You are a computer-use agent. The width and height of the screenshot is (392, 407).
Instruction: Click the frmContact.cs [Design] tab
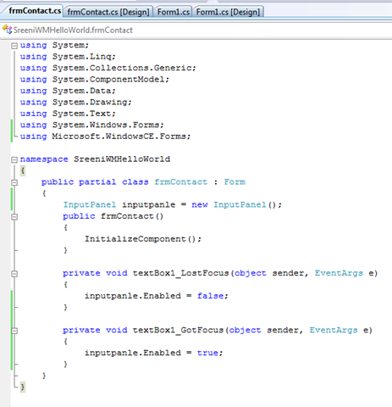pos(108,12)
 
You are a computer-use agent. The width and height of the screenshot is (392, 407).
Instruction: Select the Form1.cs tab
pos(174,12)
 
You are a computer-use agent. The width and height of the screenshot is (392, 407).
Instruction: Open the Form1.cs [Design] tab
pos(228,12)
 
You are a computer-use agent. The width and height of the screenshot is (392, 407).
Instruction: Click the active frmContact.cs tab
pos(35,11)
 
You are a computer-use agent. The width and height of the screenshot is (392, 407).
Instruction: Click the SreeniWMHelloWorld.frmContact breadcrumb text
pos(73,30)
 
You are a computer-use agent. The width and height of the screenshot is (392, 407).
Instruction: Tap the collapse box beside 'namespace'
pos(14,159)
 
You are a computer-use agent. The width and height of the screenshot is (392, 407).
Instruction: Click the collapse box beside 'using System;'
pos(14,46)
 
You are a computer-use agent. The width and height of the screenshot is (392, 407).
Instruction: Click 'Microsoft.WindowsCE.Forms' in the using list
pos(119,137)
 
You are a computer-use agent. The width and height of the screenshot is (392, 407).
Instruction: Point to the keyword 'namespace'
pos(44,159)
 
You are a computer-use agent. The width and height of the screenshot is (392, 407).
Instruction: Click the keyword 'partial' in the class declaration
pos(97,182)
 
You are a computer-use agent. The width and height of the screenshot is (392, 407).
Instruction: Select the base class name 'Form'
pos(235,182)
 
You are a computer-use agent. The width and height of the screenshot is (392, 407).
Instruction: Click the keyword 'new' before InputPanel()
pos(200,204)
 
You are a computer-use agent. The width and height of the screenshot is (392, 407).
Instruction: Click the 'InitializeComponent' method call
pos(135,239)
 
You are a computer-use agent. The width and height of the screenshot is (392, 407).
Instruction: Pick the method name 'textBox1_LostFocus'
pos(180,273)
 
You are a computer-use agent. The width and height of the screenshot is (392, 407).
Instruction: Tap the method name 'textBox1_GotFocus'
pos(178,330)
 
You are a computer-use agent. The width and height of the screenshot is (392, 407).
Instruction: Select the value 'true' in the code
pos(207,353)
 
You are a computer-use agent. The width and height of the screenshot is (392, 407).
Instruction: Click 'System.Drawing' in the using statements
pos(90,103)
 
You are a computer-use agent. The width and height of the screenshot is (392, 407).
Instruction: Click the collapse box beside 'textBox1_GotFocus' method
pos(14,331)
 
